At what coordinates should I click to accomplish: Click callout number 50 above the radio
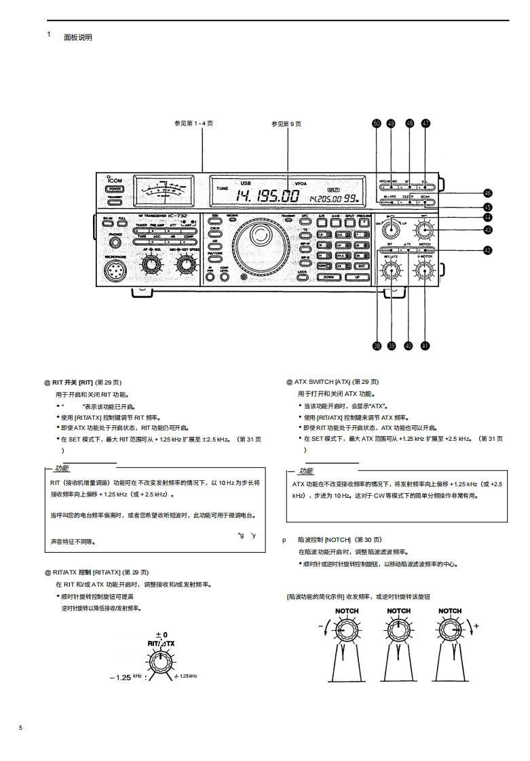(x=377, y=123)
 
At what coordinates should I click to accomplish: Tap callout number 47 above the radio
(x=425, y=123)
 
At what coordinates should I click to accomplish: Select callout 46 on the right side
(x=487, y=193)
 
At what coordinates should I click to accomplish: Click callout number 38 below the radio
(x=377, y=345)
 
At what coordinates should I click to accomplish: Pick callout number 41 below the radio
(x=425, y=345)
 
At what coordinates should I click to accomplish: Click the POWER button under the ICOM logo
(x=114, y=189)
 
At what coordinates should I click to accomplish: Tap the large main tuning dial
(x=258, y=237)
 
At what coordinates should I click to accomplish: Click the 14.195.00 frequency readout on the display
(x=268, y=197)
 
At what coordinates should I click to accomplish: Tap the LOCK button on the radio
(x=303, y=272)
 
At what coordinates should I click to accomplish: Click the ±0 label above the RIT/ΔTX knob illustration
(x=160, y=634)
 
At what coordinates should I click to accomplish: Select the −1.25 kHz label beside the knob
(x=125, y=677)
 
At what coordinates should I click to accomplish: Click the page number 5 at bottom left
(x=20, y=728)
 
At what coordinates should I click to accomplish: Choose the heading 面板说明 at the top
(x=78, y=37)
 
